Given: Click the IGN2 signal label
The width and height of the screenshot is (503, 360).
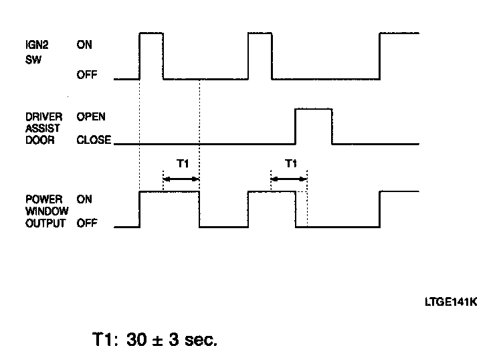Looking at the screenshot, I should [x=35, y=45].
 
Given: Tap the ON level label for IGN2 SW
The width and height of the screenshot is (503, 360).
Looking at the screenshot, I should [x=85, y=45].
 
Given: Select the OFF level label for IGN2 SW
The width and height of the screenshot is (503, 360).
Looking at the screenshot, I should [x=87, y=75].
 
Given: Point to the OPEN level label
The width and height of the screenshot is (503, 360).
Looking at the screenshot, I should [x=91, y=116].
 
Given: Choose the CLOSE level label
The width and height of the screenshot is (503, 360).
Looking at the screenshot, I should [x=93, y=141].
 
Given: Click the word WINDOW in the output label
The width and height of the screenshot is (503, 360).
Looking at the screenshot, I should [x=45, y=211].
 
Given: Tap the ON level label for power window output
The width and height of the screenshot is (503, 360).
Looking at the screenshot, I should [x=85, y=199].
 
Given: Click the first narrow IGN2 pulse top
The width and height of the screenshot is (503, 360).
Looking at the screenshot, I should [x=151, y=33].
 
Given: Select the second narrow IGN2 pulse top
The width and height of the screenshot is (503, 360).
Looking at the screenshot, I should [x=260, y=33].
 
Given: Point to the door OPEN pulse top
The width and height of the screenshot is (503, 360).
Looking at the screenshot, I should [x=314, y=108].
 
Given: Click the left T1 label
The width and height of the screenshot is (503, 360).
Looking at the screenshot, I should [x=181, y=163].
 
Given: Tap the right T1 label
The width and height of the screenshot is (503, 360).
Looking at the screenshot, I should [x=290, y=163].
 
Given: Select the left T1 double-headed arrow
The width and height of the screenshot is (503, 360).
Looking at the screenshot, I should [x=181, y=179].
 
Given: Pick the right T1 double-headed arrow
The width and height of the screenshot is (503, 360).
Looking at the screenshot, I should [x=289, y=179].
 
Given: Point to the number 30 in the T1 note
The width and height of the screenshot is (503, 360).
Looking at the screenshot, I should [x=134, y=339].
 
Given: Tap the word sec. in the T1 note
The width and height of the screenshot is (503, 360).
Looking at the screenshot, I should [x=199, y=340].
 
